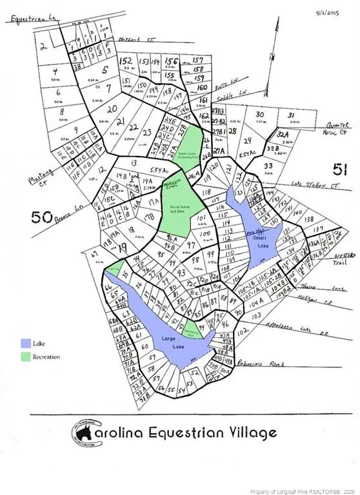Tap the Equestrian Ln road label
click(x=32, y=20)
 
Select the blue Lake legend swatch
click(x=25, y=344)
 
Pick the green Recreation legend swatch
click(x=25, y=356)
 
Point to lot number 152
click(x=127, y=61)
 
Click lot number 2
click(x=43, y=46)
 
